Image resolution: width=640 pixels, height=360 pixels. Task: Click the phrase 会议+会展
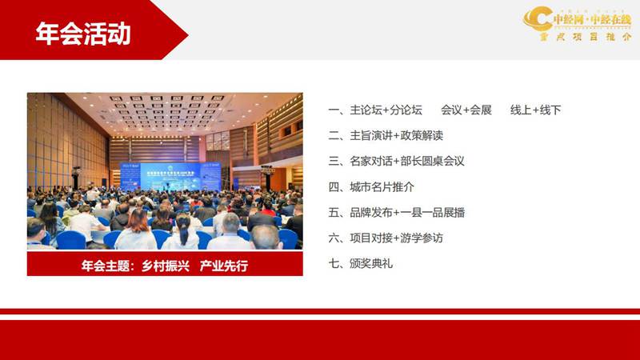466,110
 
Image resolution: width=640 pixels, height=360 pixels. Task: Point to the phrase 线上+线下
535,110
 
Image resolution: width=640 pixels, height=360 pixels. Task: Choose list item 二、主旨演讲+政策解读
386,135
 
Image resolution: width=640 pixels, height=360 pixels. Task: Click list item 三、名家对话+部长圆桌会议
396,161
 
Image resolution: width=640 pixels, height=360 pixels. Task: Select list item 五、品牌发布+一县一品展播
396,212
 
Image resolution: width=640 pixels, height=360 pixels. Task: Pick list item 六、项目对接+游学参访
386,238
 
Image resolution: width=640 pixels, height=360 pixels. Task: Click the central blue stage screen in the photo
170,175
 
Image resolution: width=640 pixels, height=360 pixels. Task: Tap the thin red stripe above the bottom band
320,311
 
